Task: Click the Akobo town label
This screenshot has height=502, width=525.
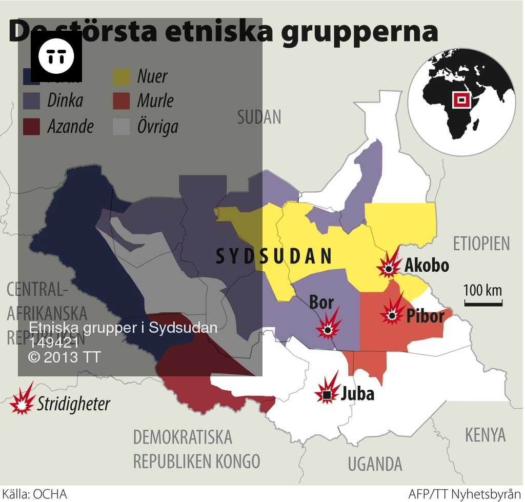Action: pos(427,265)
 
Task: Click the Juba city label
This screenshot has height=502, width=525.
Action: pos(357,394)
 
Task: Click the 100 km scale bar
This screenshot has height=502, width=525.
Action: pos(483,304)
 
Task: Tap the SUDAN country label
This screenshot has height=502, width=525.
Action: pos(259,117)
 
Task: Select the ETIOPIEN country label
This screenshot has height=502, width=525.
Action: pos(481,244)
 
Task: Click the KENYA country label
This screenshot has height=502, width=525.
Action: pos(485,435)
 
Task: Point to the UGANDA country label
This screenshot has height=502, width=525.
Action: pos(375,464)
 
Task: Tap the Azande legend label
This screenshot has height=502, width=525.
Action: pos(70,126)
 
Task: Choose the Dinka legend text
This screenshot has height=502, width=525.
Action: pos(65,101)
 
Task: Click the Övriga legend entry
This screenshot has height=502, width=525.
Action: pos(157,126)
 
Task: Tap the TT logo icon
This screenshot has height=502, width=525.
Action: pos(56,56)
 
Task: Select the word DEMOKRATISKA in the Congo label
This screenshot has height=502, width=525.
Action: pos(183,437)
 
